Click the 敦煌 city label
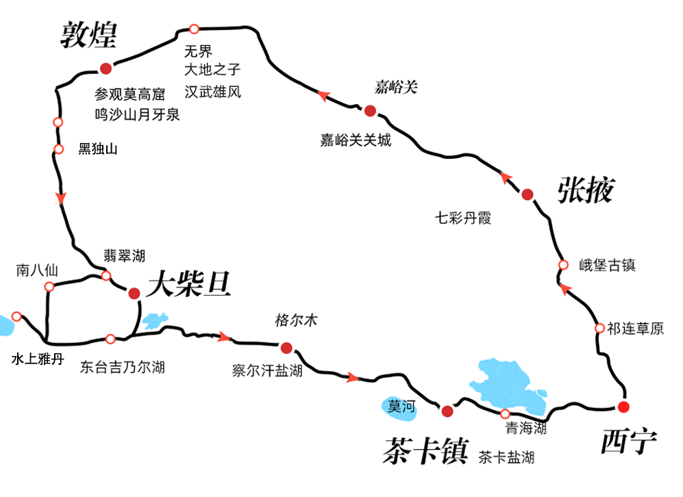point(89,34)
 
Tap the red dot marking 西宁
point(623,407)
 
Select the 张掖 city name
point(586,190)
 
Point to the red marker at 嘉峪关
point(370,111)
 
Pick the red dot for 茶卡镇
point(447,411)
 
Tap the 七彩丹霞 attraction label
point(464,218)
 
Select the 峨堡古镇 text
point(607,266)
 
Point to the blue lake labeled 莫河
point(400,406)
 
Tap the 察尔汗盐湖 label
point(267,371)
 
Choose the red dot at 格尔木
point(286,347)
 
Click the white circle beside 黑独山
point(58,149)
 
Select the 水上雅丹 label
point(38,359)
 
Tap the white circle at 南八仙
point(49,288)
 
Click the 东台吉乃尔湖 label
point(122,368)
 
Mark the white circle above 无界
point(194,29)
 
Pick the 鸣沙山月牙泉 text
point(137,114)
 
